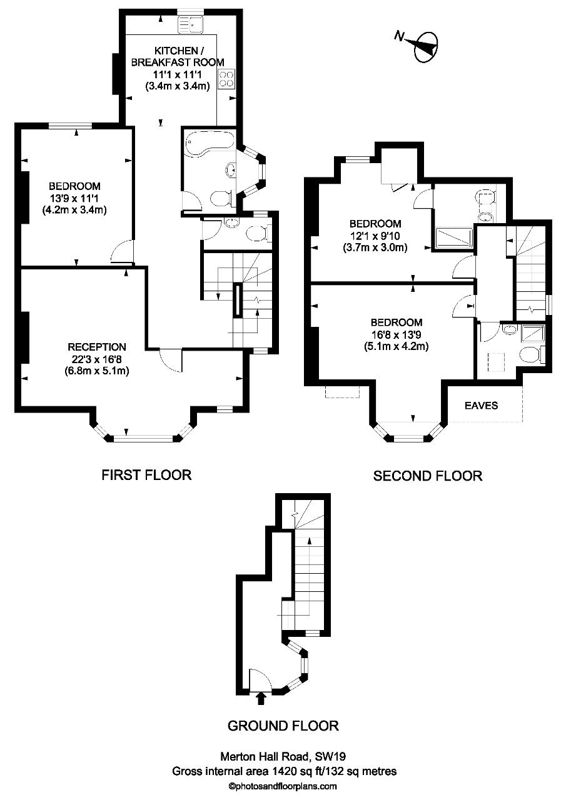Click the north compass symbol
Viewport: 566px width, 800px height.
[x=423, y=46]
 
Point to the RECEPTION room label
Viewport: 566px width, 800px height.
[x=97, y=347]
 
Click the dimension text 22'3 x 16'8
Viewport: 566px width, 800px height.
[x=97, y=358]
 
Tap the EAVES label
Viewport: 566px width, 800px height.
[x=482, y=405]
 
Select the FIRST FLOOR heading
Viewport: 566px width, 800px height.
[x=146, y=475]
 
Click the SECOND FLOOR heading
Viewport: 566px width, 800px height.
[x=428, y=476]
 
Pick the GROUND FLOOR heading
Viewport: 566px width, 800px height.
[x=283, y=726]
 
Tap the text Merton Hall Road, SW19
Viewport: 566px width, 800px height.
[x=283, y=756]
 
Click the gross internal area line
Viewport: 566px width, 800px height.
[x=284, y=771]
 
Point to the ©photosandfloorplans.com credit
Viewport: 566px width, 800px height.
[x=283, y=786]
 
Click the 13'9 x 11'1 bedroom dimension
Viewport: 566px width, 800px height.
[x=74, y=198]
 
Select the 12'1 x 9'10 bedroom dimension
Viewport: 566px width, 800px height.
[x=375, y=236]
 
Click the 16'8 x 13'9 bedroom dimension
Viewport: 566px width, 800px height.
[x=396, y=334]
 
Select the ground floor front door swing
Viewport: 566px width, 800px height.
[x=258, y=678]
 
